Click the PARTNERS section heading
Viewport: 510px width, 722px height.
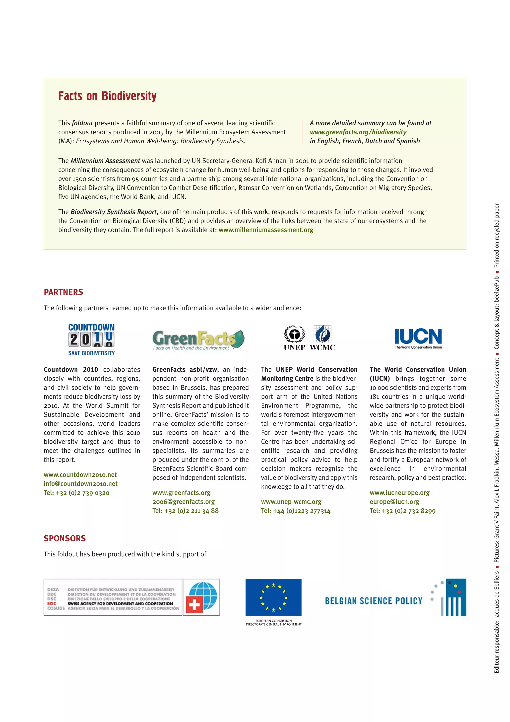point(64,292)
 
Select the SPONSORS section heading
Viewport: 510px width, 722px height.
point(65,538)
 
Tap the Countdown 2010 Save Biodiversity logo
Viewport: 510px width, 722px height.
point(91,340)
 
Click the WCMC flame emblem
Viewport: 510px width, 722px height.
point(322,334)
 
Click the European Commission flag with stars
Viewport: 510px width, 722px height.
point(273,597)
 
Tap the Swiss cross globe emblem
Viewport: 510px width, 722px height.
point(201,597)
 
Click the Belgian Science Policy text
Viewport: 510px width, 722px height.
point(374,601)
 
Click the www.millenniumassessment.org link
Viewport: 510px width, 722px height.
point(266,230)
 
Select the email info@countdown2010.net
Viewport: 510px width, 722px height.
point(80,484)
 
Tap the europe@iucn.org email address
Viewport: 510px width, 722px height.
point(394,502)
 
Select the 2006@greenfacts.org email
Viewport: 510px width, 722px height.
point(184,502)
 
